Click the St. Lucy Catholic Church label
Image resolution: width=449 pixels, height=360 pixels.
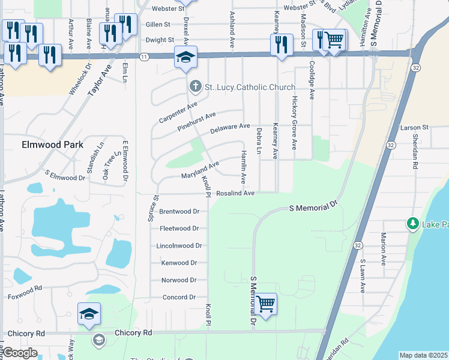[250, 88]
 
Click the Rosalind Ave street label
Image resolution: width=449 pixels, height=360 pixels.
[236, 193]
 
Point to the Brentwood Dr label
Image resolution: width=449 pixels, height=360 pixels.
[179, 211]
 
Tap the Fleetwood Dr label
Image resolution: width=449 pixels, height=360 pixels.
[179, 229]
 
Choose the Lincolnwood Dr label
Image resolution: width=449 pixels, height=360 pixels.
[178, 246]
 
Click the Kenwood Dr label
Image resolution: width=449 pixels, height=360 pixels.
[179, 263]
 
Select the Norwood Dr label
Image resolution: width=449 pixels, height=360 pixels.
[179, 280]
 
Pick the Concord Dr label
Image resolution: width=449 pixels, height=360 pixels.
[179, 297]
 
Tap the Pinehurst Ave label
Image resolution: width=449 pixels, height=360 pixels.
[196, 122]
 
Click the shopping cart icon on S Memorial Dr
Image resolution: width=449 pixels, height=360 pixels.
[265, 304]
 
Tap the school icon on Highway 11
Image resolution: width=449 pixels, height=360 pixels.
[185, 58]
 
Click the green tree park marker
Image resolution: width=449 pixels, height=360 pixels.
[412, 224]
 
